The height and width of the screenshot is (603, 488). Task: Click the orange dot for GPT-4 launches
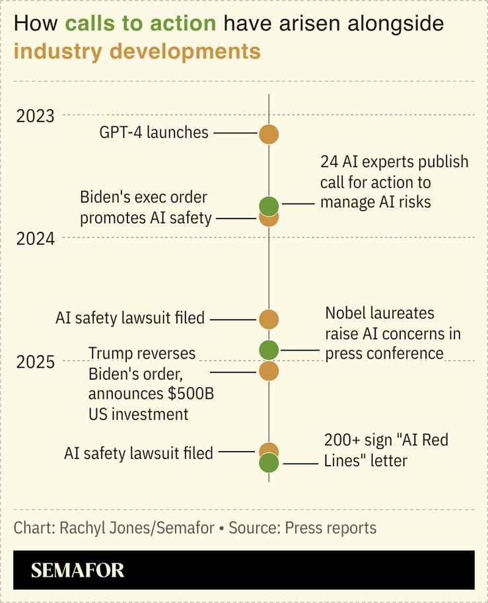(x=268, y=134)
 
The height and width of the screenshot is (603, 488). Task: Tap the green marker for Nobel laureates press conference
(x=268, y=349)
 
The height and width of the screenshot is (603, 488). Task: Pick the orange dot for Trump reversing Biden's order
(x=268, y=371)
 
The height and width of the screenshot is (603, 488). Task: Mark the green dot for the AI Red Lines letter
(x=268, y=464)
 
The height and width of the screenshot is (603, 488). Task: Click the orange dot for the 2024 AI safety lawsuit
(x=268, y=320)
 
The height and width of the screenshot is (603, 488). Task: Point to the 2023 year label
(x=36, y=116)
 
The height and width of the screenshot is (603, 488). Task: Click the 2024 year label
(x=36, y=238)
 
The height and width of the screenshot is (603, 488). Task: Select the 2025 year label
(x=36, y=362)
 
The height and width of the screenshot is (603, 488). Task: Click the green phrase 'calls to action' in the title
(x=141, y=24)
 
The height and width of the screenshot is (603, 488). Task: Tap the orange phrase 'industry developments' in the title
(x=137, y=51)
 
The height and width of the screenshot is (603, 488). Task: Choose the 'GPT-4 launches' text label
(x=154, y=133)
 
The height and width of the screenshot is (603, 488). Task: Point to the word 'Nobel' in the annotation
(x=347, y=314)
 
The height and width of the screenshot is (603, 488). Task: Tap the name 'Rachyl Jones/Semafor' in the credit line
(x=137, y=528)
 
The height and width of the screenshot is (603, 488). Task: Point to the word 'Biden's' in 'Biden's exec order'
(x=106, y=197)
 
